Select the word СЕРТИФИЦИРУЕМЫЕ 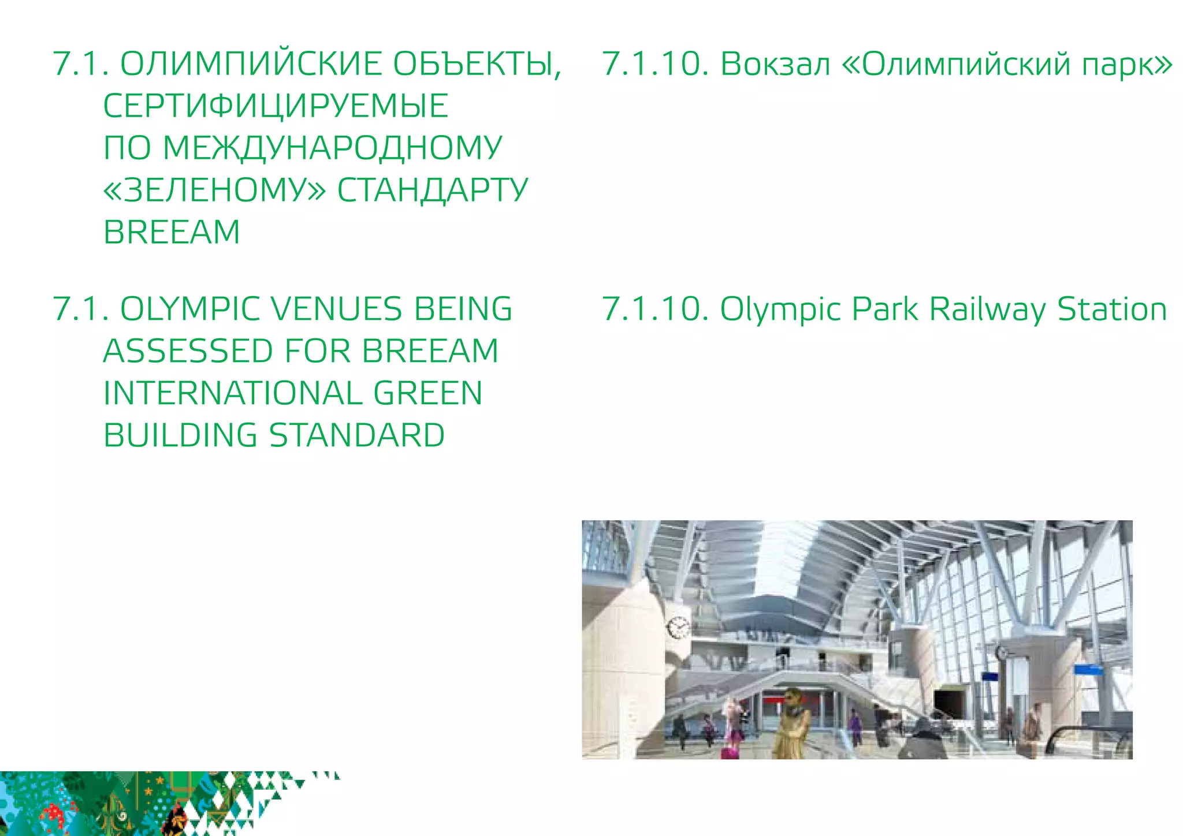click(276, 106)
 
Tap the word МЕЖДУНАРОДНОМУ click(332, 148)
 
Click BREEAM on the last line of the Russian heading click(172, 232)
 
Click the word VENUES click(336, 309)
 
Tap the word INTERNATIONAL click(233, 393)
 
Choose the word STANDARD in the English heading click(357, 435)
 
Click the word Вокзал click(775, 64)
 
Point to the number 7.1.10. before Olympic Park click(655, 309)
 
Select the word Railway click(987, 309)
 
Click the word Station click(1112, 309)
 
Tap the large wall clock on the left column click(678, 627)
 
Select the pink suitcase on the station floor click(729, 752)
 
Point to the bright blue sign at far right click(1088, 670)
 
